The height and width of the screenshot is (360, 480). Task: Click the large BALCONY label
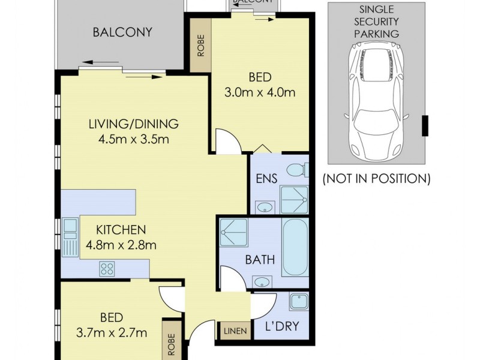(122, 32)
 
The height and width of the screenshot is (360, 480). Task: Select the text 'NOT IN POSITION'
(376, 178)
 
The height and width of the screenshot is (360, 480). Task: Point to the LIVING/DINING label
(133, 125)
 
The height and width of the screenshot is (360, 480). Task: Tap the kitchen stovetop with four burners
(107, 268)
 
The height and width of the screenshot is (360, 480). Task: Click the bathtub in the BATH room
(295, 247)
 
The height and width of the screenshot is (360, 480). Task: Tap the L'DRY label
(282, 328)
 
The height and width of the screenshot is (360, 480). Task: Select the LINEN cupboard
(234, 331)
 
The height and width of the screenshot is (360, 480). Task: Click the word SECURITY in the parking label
(376, 22)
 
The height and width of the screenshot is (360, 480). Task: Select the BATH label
(259, 260)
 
